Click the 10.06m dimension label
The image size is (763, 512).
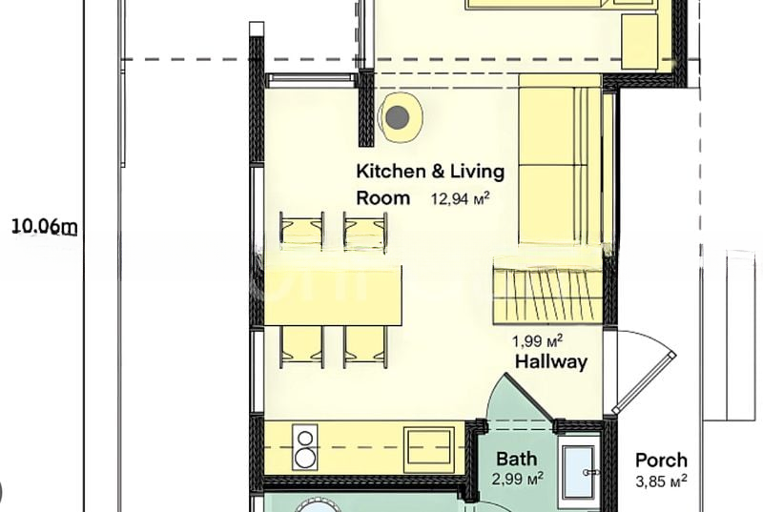click(44, 227)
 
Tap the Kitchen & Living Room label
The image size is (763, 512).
click(430, 185)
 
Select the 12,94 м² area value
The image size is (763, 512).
click(460, 198)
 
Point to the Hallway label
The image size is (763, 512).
click(551, 361)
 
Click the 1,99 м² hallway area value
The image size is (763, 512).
click(538, 340)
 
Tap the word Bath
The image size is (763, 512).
click(517, 459)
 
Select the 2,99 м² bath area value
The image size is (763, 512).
click(518, 479)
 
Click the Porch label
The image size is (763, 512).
click(661, 460)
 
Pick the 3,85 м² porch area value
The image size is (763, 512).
click(661, 481)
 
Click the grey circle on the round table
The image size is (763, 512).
click(397, 116)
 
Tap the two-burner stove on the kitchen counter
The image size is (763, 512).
click(304, 447)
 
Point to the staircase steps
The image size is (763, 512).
click(547, 291)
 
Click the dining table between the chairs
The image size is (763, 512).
click(333, 296)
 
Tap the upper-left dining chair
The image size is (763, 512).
click(301, 232)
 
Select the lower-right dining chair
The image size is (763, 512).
click(365, 347)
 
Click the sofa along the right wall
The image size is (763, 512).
click(560, 159)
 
